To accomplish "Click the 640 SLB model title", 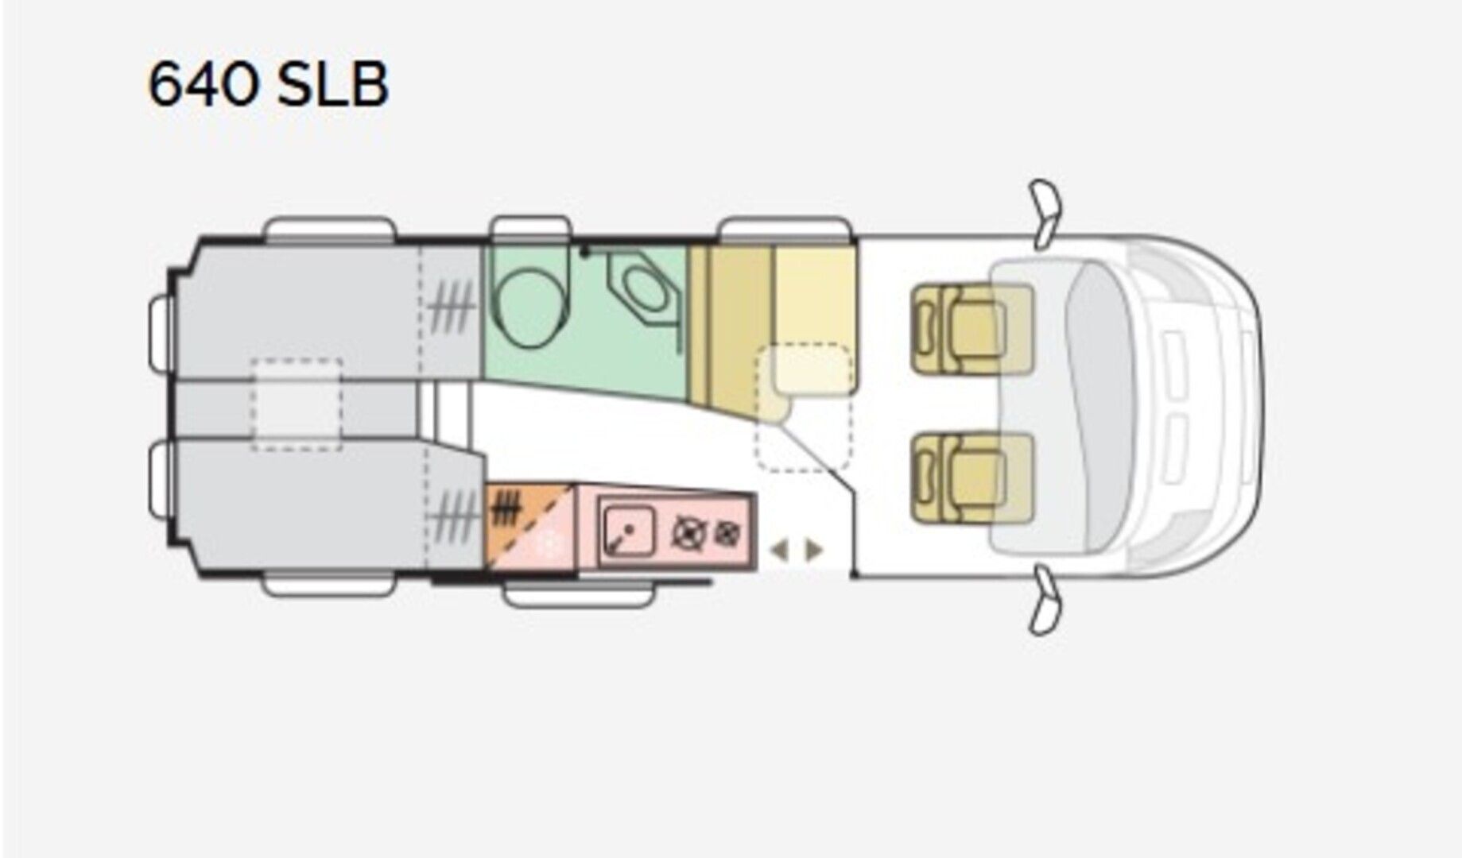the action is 269,85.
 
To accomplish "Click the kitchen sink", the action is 629,530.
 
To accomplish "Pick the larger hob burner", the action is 688,533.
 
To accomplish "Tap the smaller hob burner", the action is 726,533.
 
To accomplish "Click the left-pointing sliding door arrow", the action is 780,550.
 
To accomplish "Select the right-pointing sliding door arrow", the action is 814,550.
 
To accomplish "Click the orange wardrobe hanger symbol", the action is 506,508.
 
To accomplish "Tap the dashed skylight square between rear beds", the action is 297,404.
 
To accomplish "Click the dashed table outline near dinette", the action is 803,407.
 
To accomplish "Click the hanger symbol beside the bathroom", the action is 451,307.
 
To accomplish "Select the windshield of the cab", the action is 1101,406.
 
